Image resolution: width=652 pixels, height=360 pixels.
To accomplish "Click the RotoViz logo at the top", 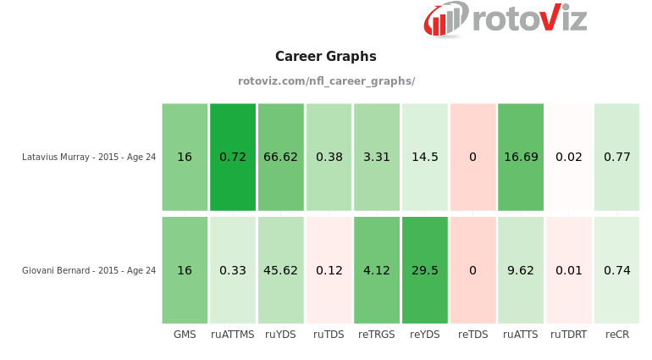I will (x=505, y=19).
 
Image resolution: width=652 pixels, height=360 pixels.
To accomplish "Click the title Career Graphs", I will (x=326, y=57).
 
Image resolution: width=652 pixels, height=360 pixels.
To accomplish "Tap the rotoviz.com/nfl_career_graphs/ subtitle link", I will (x=326, y=81).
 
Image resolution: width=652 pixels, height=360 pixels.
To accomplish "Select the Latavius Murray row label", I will (x=89, y=157).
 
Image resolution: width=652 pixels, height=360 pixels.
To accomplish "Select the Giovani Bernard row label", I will (x=89, y=270).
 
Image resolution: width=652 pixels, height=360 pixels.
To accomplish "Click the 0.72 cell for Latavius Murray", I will (x=233, y=157).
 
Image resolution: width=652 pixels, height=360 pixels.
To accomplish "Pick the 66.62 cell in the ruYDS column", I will (x=280, y=157).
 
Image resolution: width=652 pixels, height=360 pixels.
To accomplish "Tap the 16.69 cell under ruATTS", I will (x=521, y=157).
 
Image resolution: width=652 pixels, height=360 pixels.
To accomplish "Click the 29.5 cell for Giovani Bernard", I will (x=425, y=270).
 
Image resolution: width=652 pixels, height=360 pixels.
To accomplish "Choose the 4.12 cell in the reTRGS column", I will (x=377, y=270).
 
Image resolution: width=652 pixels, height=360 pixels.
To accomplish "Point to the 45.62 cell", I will (x=280, y=270).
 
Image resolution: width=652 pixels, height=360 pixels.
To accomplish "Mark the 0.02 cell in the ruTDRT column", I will (x=569, y=157).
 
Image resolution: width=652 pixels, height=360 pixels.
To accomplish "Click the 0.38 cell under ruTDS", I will (x=329, y=157).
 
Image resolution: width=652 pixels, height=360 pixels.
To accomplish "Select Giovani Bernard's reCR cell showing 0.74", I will (x=616, y=270).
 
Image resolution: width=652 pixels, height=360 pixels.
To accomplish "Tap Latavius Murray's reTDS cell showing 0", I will (x=472, y=157).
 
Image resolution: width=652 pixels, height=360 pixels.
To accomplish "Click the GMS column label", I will (x=185, y=335).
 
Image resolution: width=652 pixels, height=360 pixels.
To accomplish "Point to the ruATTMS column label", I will (x=233, y=335).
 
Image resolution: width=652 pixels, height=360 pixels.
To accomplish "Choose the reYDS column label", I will (x=425, y=335).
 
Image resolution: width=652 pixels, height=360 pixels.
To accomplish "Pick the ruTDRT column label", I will (x=569, y=335).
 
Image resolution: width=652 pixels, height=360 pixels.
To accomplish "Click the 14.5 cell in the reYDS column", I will (x=425, y=157).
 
